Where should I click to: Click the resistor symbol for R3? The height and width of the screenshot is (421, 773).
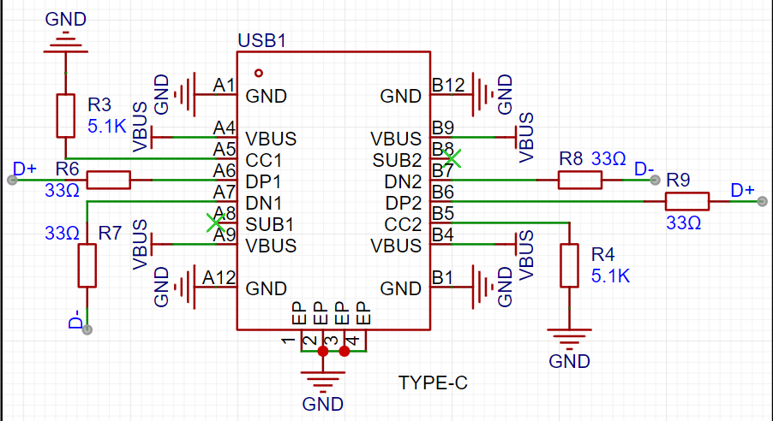click(66, 116)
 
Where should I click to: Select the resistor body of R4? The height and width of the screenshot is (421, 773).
click(569, 265)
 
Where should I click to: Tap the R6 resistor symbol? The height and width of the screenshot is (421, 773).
click(109, 180)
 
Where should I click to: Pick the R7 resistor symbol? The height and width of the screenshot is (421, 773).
click(87, 265)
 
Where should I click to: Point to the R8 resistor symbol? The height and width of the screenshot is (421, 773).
click(579, 180)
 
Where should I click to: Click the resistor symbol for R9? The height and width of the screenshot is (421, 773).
click(687, 201)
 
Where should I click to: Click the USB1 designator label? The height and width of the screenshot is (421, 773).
click(261, 40)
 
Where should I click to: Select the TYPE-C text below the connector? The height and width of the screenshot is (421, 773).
click(433, 382)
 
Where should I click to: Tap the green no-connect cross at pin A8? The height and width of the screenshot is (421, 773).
click(215, 222)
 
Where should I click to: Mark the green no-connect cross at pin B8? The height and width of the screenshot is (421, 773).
click(452, 158)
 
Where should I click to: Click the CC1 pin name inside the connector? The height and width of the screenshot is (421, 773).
click(263, 161)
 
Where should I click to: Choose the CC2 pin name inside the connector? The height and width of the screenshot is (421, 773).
click(404, 224)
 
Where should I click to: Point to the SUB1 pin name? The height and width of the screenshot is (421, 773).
click(270, 224)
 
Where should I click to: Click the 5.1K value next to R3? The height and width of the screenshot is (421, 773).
click(107, 127)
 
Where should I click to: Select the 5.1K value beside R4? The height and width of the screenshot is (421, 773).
click(611, 276)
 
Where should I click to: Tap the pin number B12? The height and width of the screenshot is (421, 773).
click(448, 86)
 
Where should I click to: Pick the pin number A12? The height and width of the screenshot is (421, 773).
click(219, 278)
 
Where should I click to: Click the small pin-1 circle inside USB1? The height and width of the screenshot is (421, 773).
click(258, 73)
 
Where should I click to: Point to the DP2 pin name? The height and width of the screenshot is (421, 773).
click(404, 203)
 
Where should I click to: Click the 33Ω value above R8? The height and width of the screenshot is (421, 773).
click(608, 159)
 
